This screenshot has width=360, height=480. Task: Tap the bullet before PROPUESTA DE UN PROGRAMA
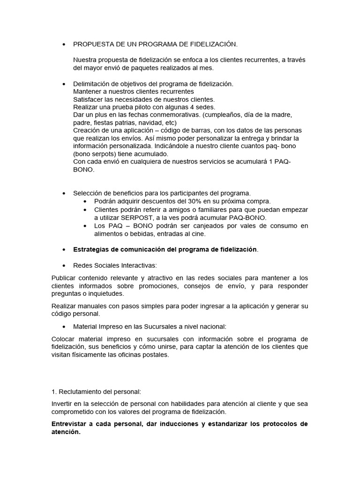tap(63, 45)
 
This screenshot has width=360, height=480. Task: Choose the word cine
tap(198, 233)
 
